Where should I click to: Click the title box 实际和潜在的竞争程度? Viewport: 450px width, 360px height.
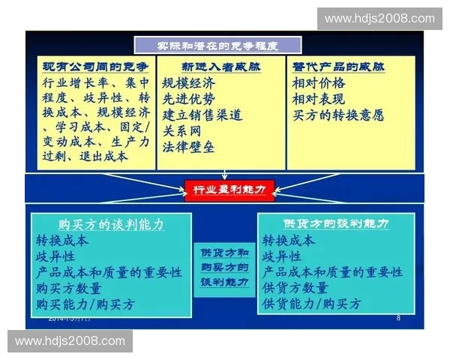(x=217, y=44)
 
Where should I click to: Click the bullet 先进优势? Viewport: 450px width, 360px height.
(x=188, y=98)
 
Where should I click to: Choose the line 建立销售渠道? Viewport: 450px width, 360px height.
(x=202, y=115)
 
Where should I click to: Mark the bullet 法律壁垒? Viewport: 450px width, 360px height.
(x=188, y=147)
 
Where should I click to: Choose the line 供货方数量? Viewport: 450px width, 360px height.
(x=295, y=288)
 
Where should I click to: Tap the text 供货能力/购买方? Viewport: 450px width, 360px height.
(x=311, y=304)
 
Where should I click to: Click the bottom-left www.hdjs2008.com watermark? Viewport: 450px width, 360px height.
(x=70, y=341)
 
